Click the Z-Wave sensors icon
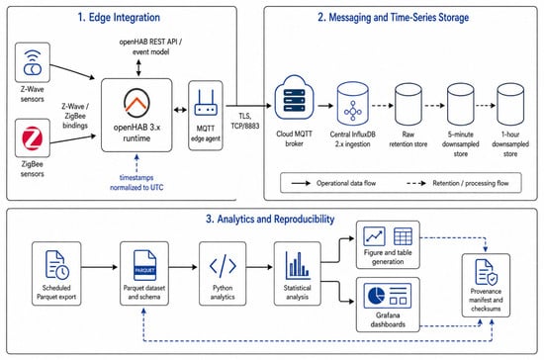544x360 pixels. pyautogui.click(x=33, y=62)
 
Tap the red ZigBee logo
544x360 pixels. pyautogui.click(x=33, y=138)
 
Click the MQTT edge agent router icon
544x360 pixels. pyautogui.click(x=206, y=103)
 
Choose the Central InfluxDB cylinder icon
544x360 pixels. pyautogui.click(x=353, y=105)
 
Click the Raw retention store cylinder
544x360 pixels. pyautogui.click(x=408, y=105)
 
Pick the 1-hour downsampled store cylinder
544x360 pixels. pyautogui.click(x=510, y=105)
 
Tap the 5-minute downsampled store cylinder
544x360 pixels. pyautogui.click(x=460, y=105)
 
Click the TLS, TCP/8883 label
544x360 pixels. pyautogui.click(x=245, y=121)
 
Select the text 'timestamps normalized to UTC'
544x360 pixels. pyautogui.click(x=136, y=182)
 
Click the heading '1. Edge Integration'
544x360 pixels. pyautogui.click(x=119, y=18)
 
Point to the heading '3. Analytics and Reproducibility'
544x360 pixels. pyautogui.click(x=270, y=220)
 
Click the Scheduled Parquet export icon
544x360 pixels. pyautogui.click(x=57, y=265)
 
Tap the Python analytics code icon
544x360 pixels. pyautogui.click(x=223, y=266)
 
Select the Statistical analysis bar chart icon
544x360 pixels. pyautogui.click(x=298, y=266)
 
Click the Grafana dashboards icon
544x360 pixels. pyautogui.click(x=388, y=296)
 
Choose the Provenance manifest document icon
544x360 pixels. pyautogui.click(x=486, y=272)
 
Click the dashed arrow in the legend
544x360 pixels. pyautogui.click(x=416, y=183)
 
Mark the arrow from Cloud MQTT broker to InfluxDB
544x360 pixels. pyautogui.click(x=325, y=106)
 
